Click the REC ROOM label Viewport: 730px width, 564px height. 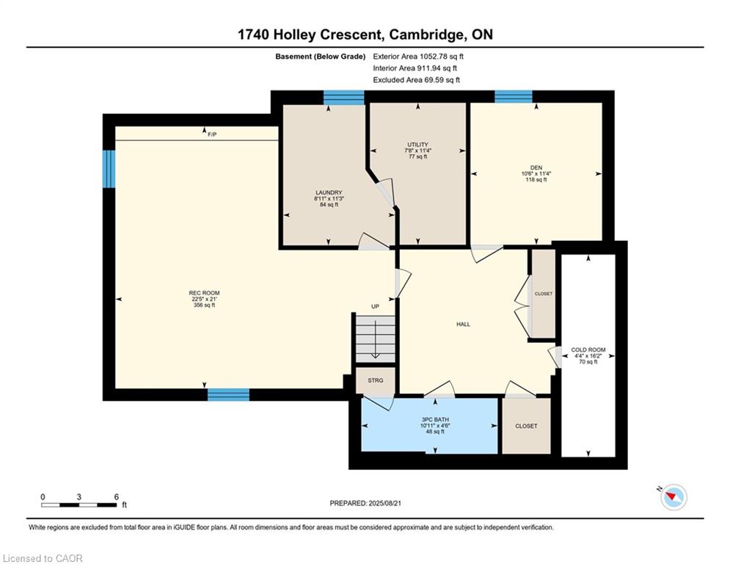pyautogui.click(x=205, y=293)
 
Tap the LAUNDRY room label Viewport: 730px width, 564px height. pyautogui.click(x=329, y=192)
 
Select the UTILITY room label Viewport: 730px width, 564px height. pyautogui.click(x=417, y=145)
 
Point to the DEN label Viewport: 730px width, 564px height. pyautogui.click(x=536, y=167)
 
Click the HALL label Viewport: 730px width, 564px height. pyautogui.click(x=463, y=325)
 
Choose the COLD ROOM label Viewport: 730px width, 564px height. pyautogui.click(x=588, y=350)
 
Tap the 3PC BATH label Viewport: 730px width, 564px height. pyautogui.click(x=435, y=419)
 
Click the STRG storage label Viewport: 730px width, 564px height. pyautogui.click(x=375, y=380)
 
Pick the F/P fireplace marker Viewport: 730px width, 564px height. pyautogui.click(x=212, y=134)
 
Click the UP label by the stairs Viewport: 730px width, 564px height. pyautogui.click(x=375, y=306)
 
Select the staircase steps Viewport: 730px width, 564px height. pyautogui.click(x=375, y=339)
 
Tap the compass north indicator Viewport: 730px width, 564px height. pyautogui.click(x=674, y=496)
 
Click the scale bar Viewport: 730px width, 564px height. pyautogui.click(x=79, y=505)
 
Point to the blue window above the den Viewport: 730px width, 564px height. pyautogui.click(x=513, y=96)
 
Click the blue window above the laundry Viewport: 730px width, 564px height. pyautogui.click(x=343, y=98)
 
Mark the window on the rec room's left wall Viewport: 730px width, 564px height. pyautogui.click(x=109, y=169)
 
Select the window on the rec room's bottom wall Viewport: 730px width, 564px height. pyautogui.click(x=228, y=395)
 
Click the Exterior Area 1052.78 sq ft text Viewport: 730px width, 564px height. pyautogui.click(x=418, y=57)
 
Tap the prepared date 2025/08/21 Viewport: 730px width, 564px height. pyautogui.click(x=384, y=503)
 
